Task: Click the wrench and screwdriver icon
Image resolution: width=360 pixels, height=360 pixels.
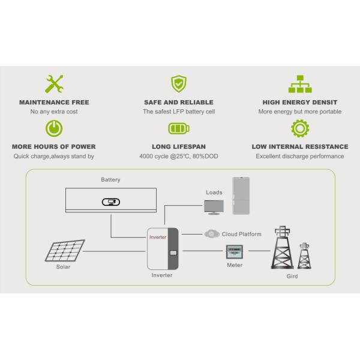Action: coord(54,83)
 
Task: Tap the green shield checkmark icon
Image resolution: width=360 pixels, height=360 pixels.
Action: coord(178,83)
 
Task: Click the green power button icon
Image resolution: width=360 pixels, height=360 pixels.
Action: coord(54,128)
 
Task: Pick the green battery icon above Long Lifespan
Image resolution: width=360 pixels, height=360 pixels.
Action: coord(178,128)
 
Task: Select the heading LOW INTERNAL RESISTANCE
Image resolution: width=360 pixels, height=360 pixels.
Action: coord(300,146)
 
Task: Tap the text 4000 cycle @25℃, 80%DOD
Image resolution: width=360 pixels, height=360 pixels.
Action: coord(178,157)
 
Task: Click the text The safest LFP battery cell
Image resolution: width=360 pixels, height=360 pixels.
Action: coord(178,112)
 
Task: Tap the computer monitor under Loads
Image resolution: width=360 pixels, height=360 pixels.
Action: coord(214,208)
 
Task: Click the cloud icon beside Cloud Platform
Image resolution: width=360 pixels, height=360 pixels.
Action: coord(210,234)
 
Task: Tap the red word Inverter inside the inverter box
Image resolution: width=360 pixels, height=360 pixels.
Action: coord(157,238)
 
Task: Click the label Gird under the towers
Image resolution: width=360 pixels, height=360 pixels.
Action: coord(292,277)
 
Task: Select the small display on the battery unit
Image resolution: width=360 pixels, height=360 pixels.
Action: coord(111,202)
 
